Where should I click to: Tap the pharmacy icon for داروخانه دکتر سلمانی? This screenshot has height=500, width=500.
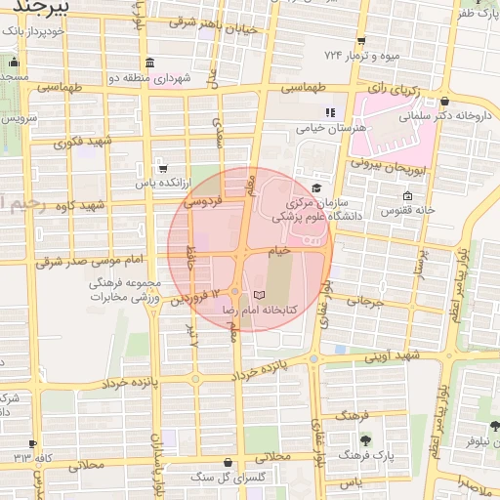click(445, 101)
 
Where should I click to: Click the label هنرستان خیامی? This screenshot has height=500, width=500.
click(329, 128)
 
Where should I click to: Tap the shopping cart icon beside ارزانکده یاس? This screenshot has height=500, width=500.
click(161, 167)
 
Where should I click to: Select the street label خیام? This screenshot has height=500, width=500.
click(280, 251)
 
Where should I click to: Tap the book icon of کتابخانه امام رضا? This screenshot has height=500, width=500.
click(258, 294)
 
